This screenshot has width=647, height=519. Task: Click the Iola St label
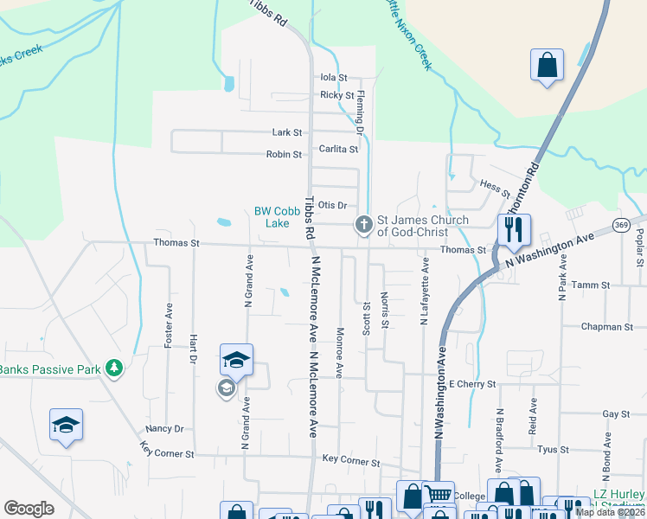pyautogui.click(x=333, y=77)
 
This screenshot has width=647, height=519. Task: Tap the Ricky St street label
pyautogui.click(x=336, y=95)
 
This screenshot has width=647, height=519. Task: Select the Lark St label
pyautogui.click(x=287, y=133)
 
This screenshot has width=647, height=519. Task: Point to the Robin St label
pyautogui.click(x=284, y=155)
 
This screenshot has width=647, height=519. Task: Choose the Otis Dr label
pyautogui.click(x=332, y=205)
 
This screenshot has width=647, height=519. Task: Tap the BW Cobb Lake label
pyautogui.click(x=272, y=217)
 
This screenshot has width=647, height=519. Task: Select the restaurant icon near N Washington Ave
pyautogui.click(x=515, y=231)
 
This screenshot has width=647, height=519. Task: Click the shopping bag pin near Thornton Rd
pyautogui.click(x=547, y=65)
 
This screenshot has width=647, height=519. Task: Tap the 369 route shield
pyautogui.click(x=621, y=225)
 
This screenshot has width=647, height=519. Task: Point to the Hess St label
pyautogui.click(x=490, y=185)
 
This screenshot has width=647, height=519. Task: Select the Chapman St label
pyautogui.click(x=608, y=327)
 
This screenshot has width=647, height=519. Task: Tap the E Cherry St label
pyautogui.click(x=471, y=383)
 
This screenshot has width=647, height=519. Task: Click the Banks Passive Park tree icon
pyautogui.click(x=113, y=369)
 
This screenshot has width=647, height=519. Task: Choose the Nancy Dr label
pyautogui.click(x=165, y=428)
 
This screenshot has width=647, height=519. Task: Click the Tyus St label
pyautogui.click(x=548, y=449)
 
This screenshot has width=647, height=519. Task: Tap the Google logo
pyautogui.click(x=29, y=509)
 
